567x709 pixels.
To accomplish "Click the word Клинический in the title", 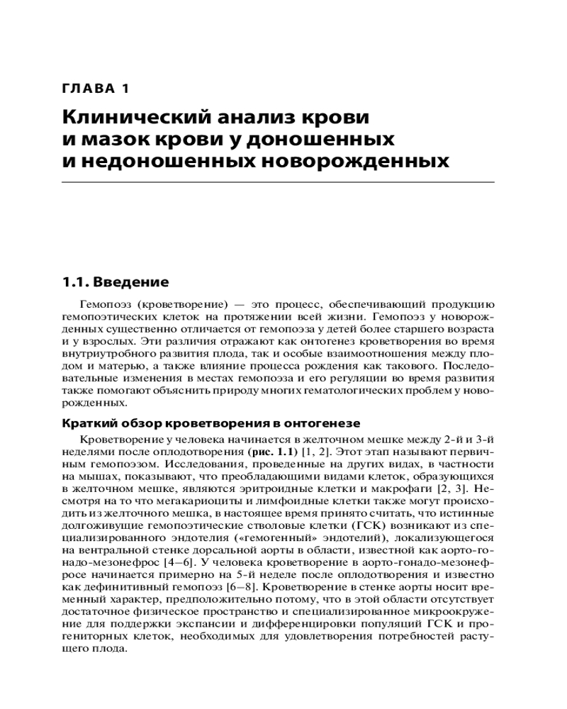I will coord(131,116).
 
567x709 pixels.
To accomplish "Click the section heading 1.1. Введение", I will coord(115,282).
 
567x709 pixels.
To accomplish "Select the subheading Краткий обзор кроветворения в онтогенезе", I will coord(212,423).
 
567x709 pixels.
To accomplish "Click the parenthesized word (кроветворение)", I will coord(177,306).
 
